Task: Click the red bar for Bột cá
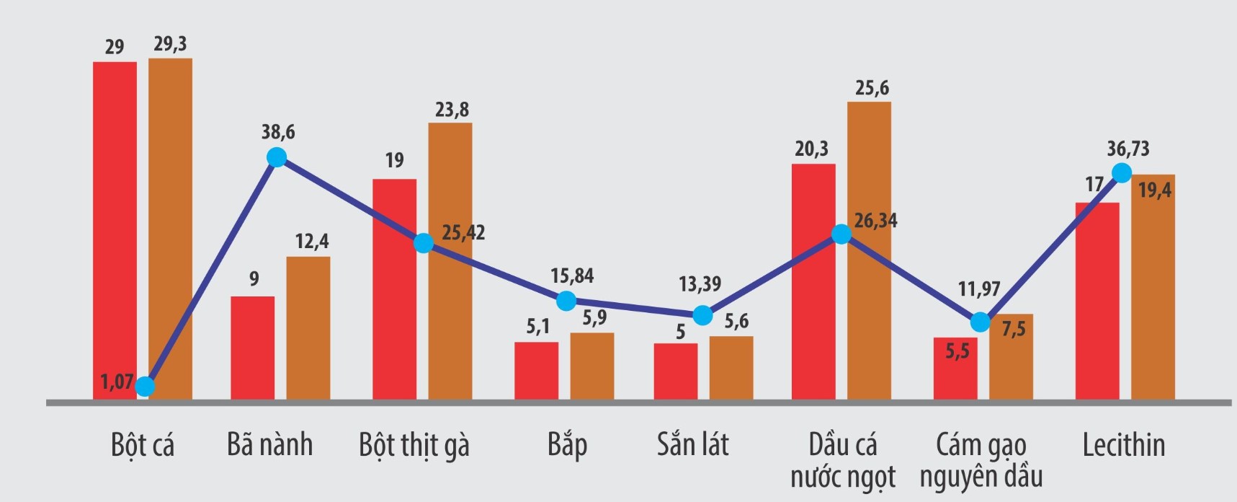[115, 231]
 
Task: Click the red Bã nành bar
[252, 348]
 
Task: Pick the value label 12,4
[312, 242]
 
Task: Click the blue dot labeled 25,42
[424, 242]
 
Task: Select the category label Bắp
[567, 445]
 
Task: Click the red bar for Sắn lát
[676, 371]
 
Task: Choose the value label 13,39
[700, 284]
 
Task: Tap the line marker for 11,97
[980, 322]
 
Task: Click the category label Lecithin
[1123, 445]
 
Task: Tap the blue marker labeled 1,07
[145, 387]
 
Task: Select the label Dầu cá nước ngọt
[842, 460]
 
